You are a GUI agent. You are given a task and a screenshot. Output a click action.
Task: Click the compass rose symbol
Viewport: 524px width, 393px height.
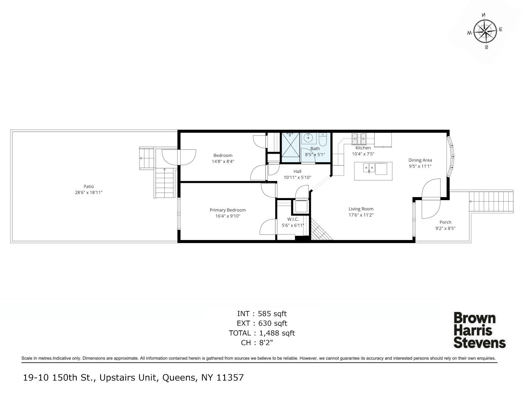click(485, 31)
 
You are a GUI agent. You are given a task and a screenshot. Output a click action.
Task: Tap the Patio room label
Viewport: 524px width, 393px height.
click(88, 186)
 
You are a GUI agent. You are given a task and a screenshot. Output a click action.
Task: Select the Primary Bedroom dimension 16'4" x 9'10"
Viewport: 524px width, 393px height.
click(228, 216)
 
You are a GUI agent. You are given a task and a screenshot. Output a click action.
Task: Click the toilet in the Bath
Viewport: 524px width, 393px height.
click(323, 140)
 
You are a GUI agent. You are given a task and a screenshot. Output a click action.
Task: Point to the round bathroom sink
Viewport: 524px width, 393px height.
click(308, 138)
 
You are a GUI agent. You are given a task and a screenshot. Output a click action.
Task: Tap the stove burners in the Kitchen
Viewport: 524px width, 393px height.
click(359, 139)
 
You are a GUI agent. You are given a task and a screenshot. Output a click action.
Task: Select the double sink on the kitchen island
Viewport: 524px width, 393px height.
click(369, 168)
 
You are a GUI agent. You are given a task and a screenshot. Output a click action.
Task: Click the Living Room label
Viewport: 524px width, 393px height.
click(361, 209)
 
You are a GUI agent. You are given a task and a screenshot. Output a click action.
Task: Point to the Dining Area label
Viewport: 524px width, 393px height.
click(420, 160)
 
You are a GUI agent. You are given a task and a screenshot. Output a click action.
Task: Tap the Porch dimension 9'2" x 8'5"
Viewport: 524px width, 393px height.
click(445, 228)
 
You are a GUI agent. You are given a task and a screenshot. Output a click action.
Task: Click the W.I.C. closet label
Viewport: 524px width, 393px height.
click(293, 219)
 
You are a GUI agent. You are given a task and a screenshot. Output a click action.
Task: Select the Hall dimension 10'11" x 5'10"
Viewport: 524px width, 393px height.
click(297, 178)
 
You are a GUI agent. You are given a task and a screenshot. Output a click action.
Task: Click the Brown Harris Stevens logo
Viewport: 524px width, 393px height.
click(479, 330)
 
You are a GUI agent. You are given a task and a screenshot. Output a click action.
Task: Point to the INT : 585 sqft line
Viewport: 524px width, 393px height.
click(262, 313)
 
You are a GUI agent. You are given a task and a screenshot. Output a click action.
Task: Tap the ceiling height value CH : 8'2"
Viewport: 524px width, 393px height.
click(257, 343)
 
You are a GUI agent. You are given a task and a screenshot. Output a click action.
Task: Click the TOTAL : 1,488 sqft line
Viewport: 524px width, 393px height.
click(262, 333)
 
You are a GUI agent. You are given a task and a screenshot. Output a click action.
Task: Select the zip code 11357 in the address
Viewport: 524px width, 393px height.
click(230, 378)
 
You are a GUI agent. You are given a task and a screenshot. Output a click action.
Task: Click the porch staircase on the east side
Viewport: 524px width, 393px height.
click(491, 202)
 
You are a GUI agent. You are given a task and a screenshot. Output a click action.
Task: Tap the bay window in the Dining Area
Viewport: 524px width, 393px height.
click(450, 157)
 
